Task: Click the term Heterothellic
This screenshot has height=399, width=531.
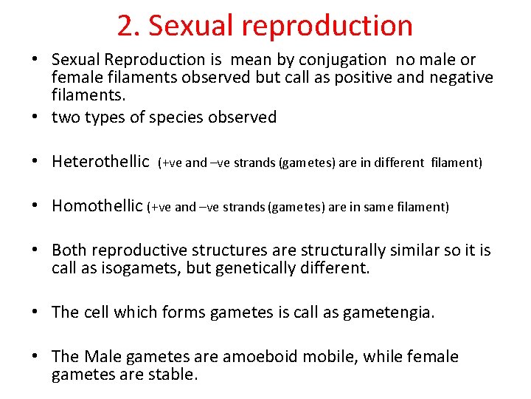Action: tap(100, 162)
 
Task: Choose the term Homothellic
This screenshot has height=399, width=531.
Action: tap(97, 207)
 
